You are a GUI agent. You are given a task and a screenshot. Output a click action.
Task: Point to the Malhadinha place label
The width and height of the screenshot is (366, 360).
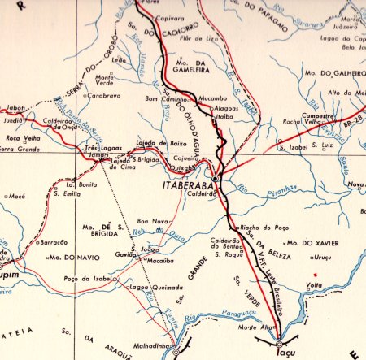click(x=155, y=345)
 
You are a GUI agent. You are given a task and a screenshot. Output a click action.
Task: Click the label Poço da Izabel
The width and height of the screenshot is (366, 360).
click(x=89, y=278)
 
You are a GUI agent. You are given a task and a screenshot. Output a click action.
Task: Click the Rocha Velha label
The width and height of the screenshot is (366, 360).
click(x=295, y=122)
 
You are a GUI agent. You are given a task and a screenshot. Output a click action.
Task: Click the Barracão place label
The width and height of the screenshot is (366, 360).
click(x=54, y=241)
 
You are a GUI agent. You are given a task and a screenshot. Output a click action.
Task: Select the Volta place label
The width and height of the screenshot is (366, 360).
click(x=314, y=285)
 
